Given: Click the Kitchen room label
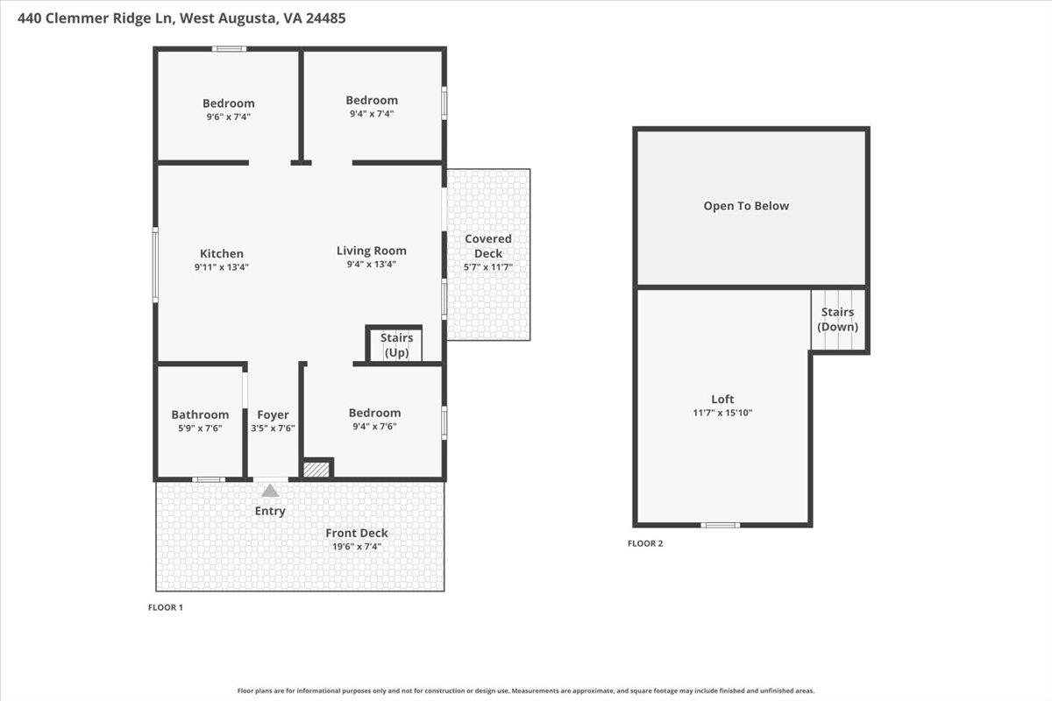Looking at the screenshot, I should coord(221,254).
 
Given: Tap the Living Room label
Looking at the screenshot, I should coord(371,251).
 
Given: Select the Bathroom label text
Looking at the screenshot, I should coord(200,414).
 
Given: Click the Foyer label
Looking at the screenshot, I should coord(273,414).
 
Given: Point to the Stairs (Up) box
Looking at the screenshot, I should coord(395,345).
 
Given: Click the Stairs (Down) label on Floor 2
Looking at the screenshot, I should coord(837,319).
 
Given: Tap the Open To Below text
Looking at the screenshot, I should coord(746,206).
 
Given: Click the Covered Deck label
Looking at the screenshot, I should coord(487,246).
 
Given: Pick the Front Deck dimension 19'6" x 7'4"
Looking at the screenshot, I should coord(356,546).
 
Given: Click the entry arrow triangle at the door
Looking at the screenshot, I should coord(270,491).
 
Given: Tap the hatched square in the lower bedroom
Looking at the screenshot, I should coord(316,470).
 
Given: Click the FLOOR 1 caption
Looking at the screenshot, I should coord(165,607).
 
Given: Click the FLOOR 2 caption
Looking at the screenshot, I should coord(645,543).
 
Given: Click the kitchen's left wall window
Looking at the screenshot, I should coord(157,266).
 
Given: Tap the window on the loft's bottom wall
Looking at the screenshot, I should coord(721,525).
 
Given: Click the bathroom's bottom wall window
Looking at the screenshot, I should coord(208,479).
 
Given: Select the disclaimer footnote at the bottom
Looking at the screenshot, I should coord(525,690).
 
